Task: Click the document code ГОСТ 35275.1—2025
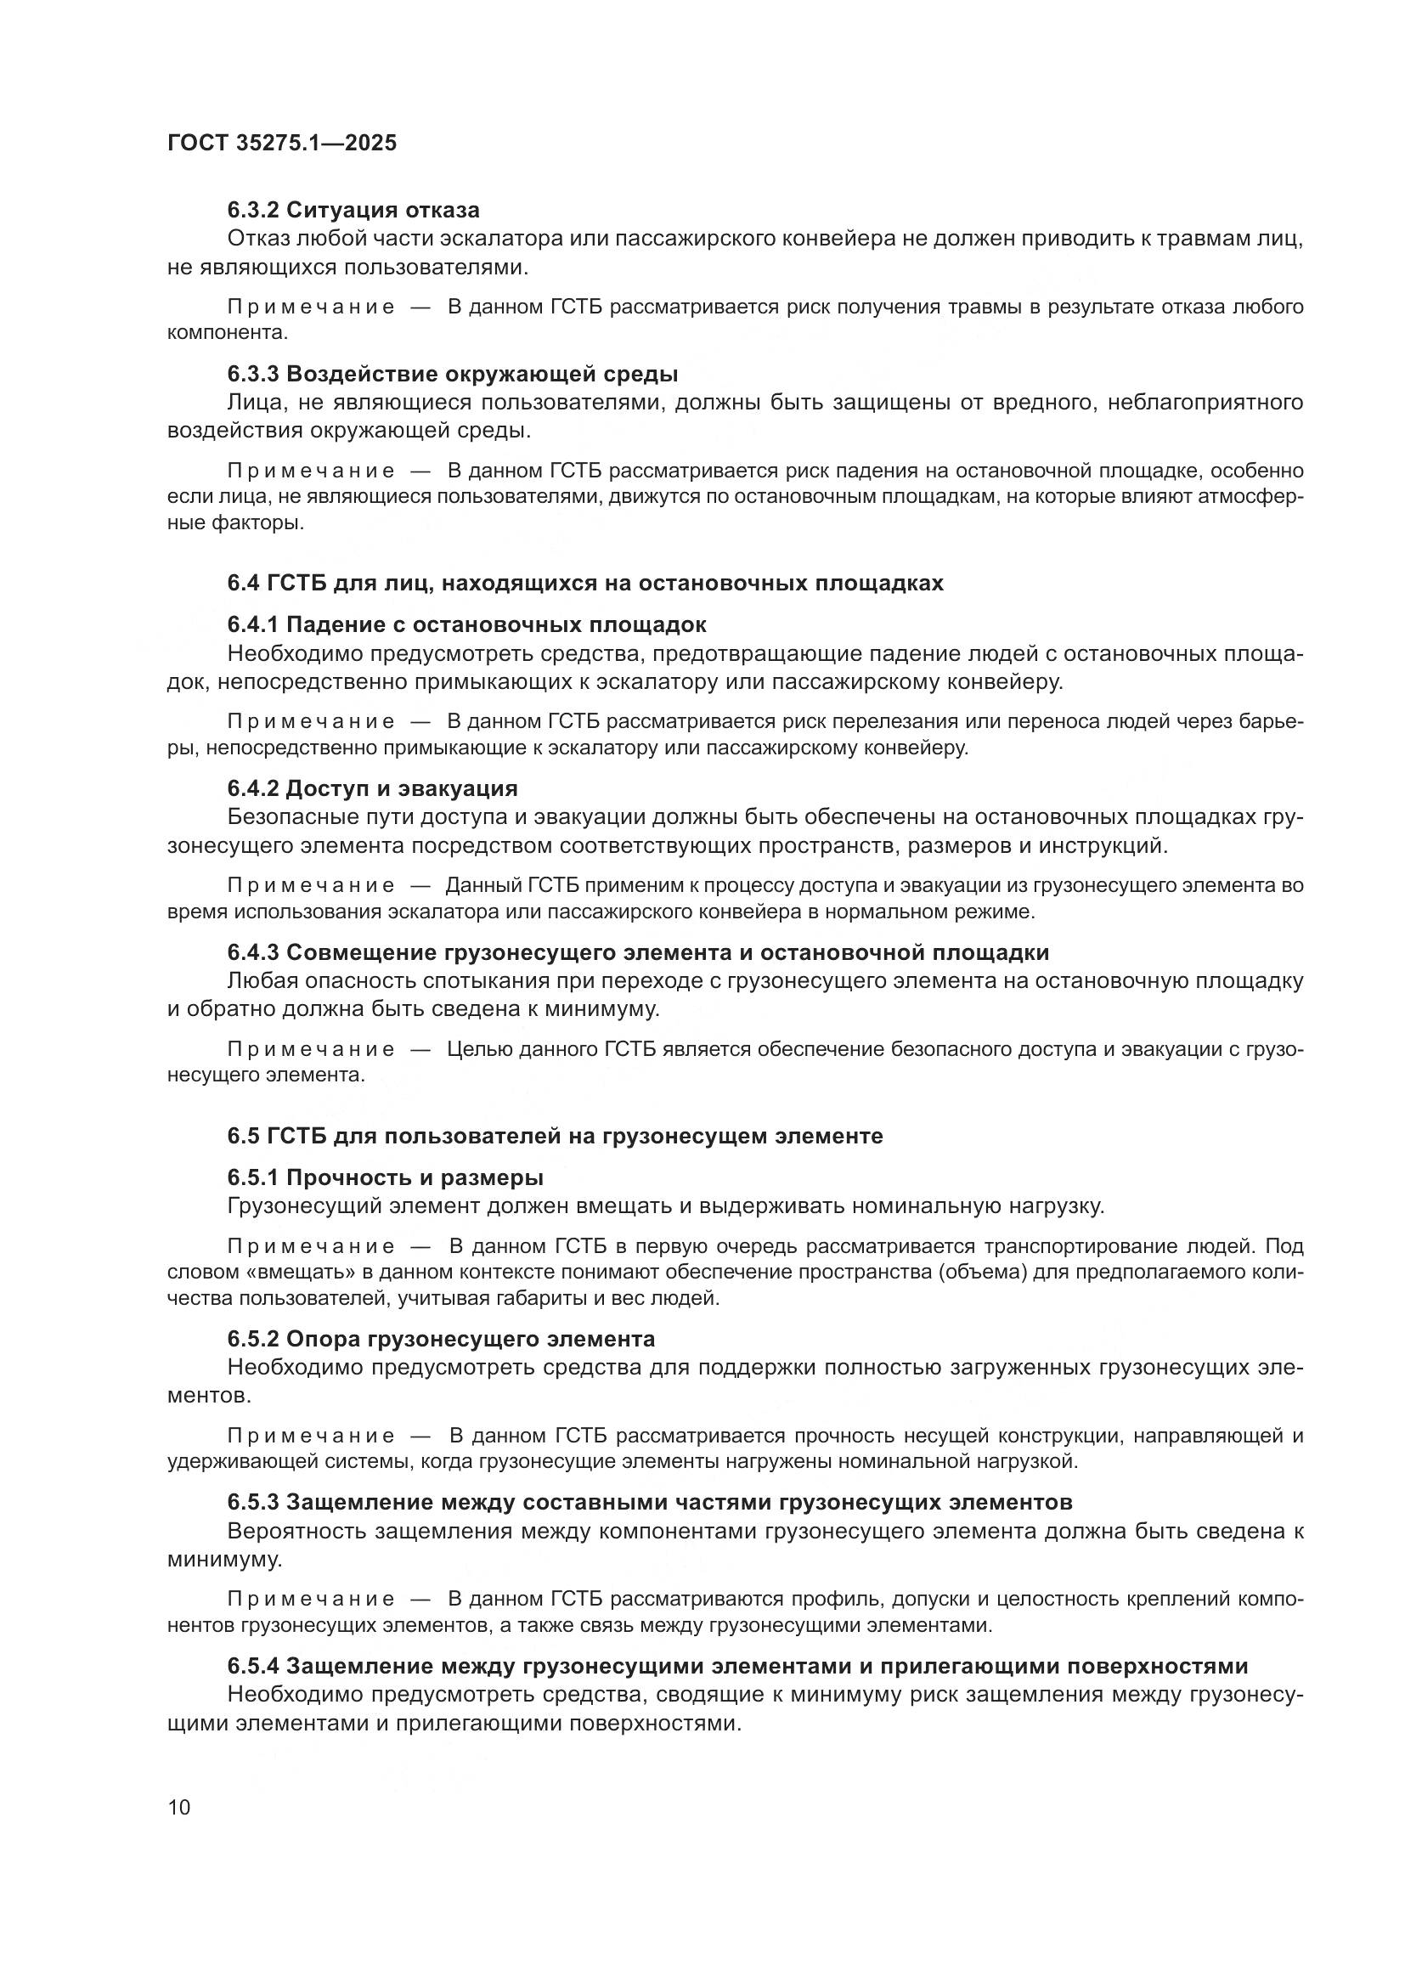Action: [x=282, y=143]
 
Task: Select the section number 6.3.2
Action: [x=253, y=211]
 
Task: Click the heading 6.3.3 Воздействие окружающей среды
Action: [x=453, y=374]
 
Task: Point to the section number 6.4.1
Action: [x=253, y=624]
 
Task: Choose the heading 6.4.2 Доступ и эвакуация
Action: [x=372, y=788]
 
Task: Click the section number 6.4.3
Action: [x=253, y=952]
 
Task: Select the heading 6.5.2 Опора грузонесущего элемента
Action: [x=441, y=1339]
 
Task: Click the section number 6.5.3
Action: [x=253, y=1500]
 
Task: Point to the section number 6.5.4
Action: [x=253, y=1665]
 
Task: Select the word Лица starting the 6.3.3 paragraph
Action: [x=251, y=403]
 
